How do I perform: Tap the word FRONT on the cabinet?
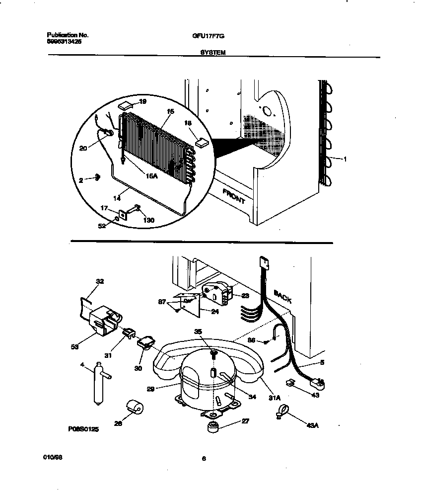pos(233,196)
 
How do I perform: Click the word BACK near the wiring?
pos(282,297)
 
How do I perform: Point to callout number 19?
pos(142,101)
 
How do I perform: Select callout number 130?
pos(148,220)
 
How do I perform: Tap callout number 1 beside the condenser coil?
pos(345,159)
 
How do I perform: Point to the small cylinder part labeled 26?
pos(135,408)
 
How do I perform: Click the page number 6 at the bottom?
pos(204,459)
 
